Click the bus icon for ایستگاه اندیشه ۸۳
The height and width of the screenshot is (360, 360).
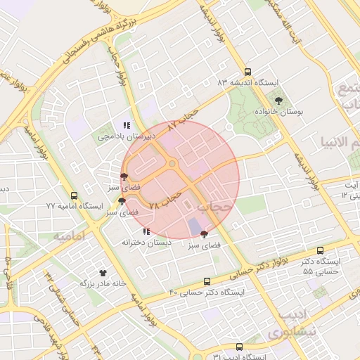coord(247,72)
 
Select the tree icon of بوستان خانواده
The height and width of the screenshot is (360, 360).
coord(279,101)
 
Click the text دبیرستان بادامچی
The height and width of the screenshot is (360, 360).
coord(124,137)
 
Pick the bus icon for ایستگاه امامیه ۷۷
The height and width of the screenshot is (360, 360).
coord(75,195)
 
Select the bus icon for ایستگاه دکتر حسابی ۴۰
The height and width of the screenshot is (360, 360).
coord(206,281)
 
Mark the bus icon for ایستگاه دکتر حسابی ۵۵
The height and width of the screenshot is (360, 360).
coord(321,250)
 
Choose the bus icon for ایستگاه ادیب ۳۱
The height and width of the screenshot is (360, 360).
coord(240,347)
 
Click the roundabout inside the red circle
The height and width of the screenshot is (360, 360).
coord(172,165)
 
